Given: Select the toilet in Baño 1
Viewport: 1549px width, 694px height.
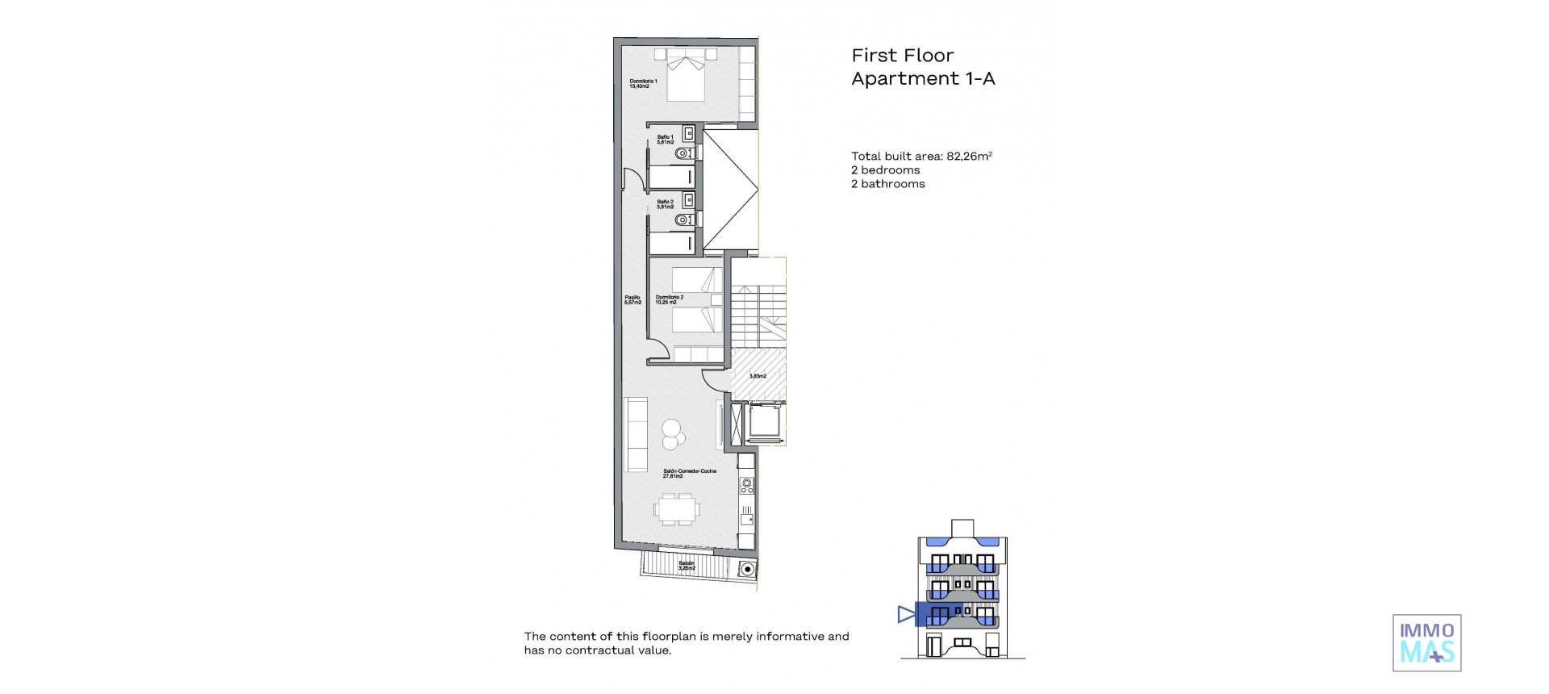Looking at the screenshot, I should coord(685,153).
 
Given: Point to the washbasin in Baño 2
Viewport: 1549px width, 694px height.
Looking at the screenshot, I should coord(689,198).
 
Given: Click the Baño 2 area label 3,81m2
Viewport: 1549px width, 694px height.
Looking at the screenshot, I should coord(665,207).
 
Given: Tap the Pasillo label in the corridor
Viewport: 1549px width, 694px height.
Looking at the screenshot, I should coord(633,299).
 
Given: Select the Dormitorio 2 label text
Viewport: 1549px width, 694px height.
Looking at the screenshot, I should coord(669,299).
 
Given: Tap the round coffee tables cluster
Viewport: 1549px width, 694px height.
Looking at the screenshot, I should coord(673,434).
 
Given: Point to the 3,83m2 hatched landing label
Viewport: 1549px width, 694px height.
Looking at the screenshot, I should coord(758,376).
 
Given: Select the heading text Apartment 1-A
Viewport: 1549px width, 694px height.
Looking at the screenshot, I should coord(923,79).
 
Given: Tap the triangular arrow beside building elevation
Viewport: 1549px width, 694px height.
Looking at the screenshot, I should coord(906,615).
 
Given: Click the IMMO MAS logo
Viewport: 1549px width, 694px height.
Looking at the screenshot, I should coord(1426,643).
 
